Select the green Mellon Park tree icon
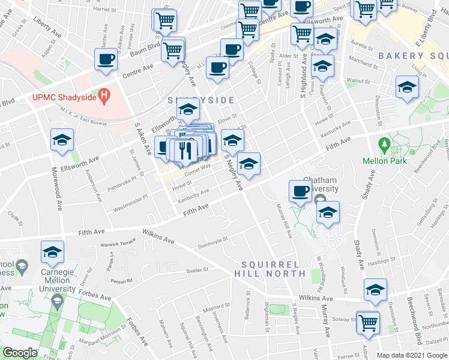click(384, 145)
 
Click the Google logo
click(20, 353)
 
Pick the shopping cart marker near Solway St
click(367, 322)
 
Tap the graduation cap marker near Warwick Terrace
click(52, 253)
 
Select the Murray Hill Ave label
click(283, 221)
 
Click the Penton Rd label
click(121, 281)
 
